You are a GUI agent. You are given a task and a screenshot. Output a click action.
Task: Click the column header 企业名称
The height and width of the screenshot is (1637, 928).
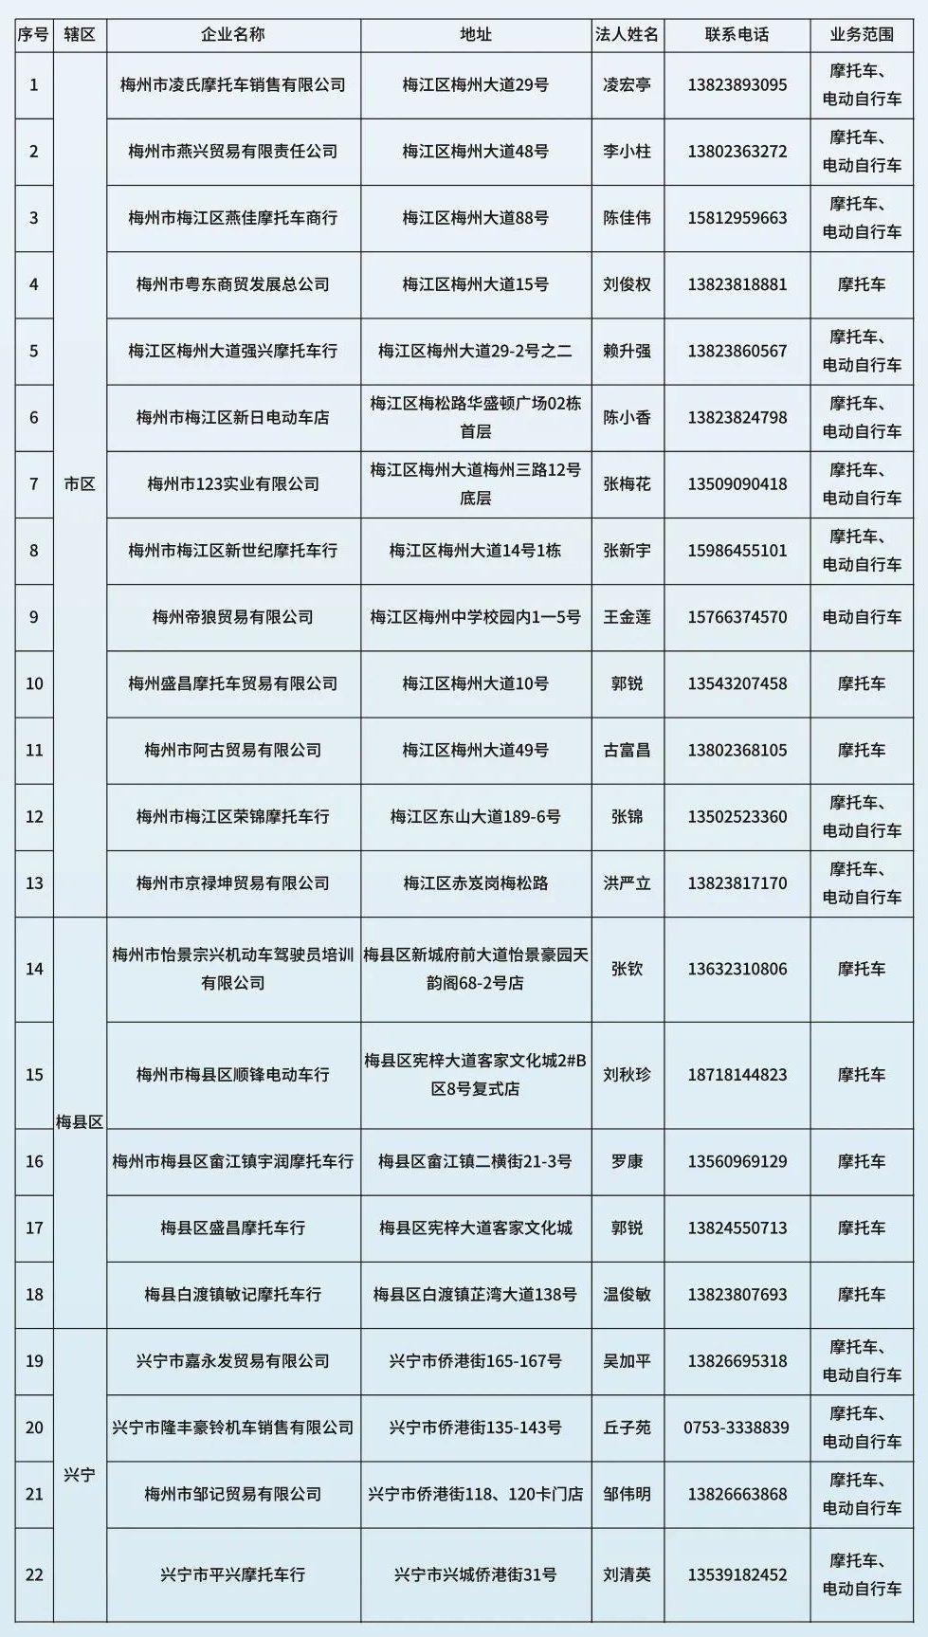coord(233,35)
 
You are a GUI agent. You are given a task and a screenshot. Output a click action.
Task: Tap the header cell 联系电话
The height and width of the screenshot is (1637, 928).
coord(737,35)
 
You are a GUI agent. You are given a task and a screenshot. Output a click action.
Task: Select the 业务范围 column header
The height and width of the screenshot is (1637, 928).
coord(861,35)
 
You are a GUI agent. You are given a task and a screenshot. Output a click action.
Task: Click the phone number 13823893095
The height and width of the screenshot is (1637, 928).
coord(737,85)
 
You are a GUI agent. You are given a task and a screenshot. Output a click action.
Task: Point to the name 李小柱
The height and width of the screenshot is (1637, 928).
coord(627,152)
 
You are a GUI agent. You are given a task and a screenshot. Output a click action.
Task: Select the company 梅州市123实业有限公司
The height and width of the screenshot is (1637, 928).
coord(233,484)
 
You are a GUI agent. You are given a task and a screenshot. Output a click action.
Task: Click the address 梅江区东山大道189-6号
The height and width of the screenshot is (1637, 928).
coord(475,817)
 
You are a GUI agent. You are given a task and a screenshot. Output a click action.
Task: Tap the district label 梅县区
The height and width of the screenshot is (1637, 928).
coord(80,1122)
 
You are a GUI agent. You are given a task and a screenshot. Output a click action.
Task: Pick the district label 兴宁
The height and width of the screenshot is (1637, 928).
coord(80,1475)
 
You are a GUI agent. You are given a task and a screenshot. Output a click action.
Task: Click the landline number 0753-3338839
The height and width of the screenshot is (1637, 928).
coord(737,1428)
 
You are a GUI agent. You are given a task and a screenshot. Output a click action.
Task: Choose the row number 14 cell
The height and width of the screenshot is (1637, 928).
coord(34,970)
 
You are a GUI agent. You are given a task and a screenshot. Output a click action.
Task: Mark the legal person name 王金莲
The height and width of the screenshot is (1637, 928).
coord(627,617)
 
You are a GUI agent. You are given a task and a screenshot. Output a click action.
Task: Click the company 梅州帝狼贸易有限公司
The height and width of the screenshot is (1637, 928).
coord(233,617)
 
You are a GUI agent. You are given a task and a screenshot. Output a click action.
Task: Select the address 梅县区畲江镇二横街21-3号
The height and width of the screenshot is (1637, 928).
coord(475,1161)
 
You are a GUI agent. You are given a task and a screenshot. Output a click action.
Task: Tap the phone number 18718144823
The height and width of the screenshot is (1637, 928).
coord(737,1075)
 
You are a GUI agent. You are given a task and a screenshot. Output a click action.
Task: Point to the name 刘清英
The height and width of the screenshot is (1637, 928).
coord(627,1574)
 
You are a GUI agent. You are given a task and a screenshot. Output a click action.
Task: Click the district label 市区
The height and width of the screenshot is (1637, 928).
coord(80,484)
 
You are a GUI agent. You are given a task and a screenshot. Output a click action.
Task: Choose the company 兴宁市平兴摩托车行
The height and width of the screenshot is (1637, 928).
coord(233,1574)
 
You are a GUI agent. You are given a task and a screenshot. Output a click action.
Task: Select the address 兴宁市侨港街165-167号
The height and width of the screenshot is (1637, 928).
coord(475,1361)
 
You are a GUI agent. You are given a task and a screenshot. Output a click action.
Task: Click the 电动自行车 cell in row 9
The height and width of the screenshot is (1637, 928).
coord(861,617)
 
